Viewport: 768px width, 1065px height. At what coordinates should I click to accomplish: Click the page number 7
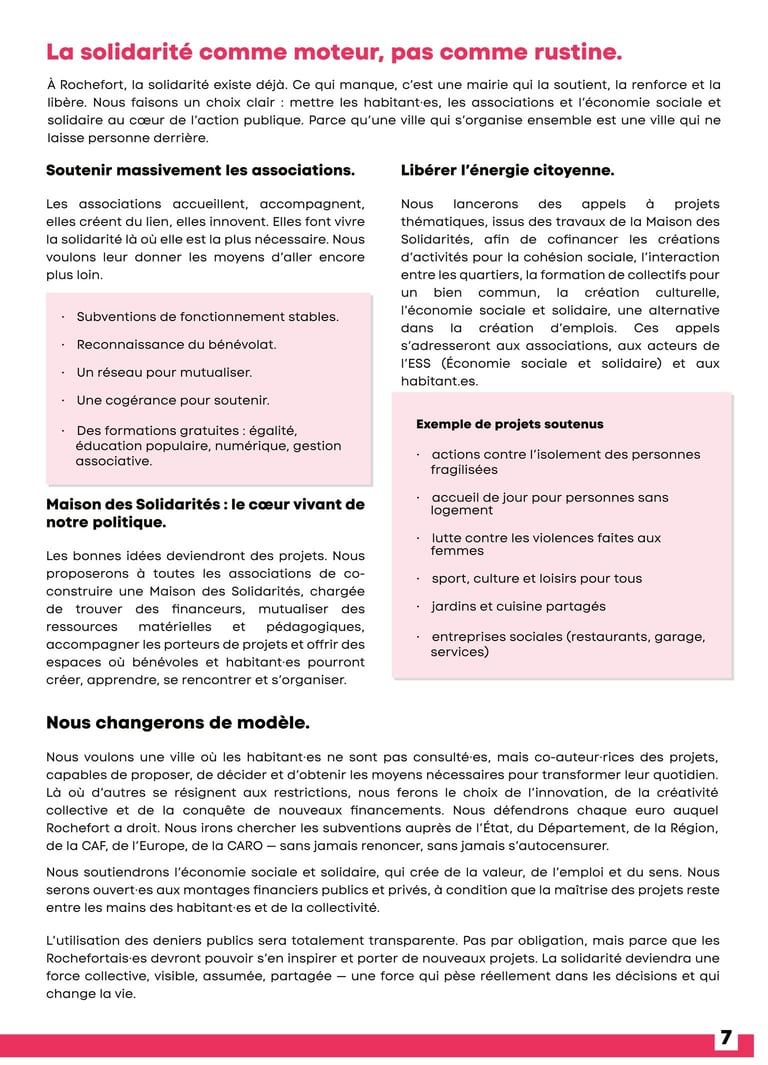click(x=726, y=1039)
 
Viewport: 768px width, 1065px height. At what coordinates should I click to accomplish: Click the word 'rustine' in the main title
click(x=570, y=52)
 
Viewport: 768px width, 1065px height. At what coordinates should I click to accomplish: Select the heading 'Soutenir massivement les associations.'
click(x=200, y=170)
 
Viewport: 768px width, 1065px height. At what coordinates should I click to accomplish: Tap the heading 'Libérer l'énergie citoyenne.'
click(x=507, y=170)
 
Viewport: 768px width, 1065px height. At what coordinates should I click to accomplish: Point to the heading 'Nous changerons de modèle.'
click(x=178, y=722)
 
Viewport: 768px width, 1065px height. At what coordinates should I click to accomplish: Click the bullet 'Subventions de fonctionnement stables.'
click(x=207, y=317)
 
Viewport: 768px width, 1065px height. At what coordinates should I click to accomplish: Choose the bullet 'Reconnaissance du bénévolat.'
click(x=176, y=345)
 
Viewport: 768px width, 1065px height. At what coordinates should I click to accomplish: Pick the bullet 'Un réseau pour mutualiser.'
click(x=164, y=373)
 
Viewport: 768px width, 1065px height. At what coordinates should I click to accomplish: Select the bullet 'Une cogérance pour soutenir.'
click(x=172, y=401)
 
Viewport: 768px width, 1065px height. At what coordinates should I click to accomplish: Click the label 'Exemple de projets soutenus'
click(x=509, y=425)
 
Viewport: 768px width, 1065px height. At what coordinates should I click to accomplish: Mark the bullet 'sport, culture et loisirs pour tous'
click(x=536, y=579)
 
